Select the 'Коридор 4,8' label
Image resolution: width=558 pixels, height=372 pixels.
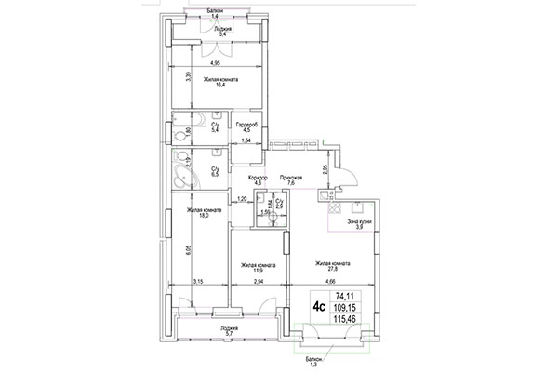pyautogui.click(x=258, y=181)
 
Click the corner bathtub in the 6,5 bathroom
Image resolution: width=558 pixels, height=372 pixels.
pyautogui.click(x=180, y=170)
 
